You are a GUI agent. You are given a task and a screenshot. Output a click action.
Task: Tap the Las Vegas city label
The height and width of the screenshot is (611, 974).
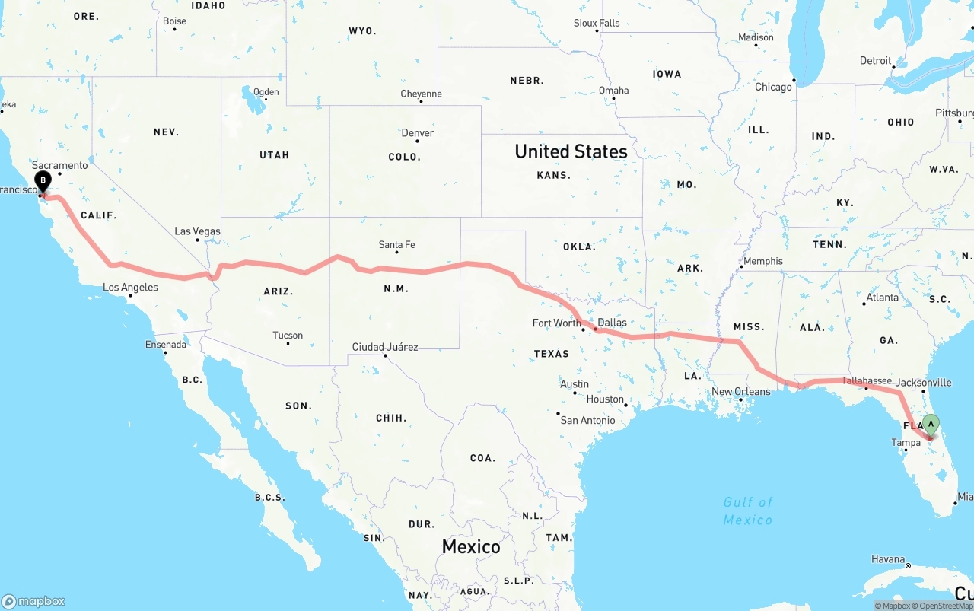[197, 231]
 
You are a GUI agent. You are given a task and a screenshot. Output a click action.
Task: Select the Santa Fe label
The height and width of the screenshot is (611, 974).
[396, 245]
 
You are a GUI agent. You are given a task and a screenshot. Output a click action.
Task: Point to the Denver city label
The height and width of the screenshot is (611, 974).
[418, 133]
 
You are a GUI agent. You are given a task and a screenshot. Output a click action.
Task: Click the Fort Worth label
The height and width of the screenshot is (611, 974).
[556, 323]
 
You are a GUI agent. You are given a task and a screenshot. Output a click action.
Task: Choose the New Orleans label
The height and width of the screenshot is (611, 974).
[740, 392]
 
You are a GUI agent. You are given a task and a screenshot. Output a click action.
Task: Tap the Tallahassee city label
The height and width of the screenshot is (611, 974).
[866, 380]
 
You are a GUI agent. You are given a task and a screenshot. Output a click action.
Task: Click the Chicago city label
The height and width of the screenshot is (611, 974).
[773, 88]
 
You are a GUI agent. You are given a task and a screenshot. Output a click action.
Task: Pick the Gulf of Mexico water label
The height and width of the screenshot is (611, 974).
[748, 511]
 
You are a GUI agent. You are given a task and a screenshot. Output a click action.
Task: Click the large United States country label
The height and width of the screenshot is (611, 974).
[571, 151]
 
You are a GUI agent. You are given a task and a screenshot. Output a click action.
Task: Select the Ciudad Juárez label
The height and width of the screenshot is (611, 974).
[384, 347]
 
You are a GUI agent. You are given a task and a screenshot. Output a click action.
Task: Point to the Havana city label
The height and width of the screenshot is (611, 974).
[888, 559]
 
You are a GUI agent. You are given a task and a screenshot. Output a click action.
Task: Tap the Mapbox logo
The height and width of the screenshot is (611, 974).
[33, 601]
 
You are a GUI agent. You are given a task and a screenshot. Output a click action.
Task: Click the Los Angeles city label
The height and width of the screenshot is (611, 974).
[130, 288]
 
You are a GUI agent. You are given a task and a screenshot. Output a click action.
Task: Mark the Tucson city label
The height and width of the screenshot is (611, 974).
[288, 336]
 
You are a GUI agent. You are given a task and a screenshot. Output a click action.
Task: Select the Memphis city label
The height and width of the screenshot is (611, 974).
[762, 261]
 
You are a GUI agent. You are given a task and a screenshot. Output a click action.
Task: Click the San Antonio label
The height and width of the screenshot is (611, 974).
[587, 420]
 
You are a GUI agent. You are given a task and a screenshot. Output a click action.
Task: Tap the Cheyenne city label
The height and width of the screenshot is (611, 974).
[421, 94]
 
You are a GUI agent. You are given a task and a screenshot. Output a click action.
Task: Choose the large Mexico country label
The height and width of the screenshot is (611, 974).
[471, 546]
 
